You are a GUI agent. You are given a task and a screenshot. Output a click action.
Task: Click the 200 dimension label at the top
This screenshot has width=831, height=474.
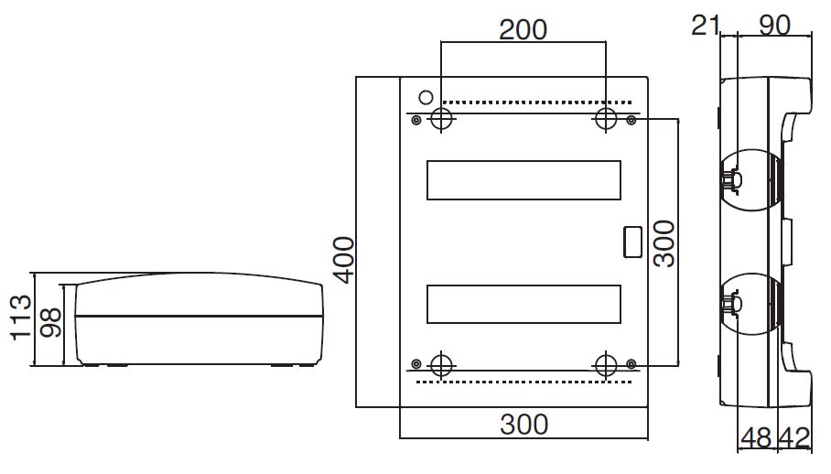pyautogui.click(x=523, y=30)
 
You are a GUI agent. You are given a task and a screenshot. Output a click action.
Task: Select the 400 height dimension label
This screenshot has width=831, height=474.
pyautogui.click(x=344, y=260)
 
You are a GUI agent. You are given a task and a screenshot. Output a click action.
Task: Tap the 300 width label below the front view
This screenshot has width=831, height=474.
pyautogui.click(x=523, y=425)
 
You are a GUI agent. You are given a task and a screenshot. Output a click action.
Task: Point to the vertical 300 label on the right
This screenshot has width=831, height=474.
pyautogui.click(x=664, y=243)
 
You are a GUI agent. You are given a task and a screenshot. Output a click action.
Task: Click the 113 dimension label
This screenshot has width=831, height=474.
pyautogui.click(x=20, y=318)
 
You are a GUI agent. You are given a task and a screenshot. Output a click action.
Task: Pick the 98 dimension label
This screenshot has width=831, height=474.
pyautogui.click(x=51, y=322)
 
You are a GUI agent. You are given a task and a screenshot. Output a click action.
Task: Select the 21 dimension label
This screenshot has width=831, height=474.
pyautogui.click(x=706, y=26)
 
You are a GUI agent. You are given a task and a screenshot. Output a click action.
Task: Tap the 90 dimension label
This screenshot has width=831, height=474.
pyautogui.click(x=774, y=26)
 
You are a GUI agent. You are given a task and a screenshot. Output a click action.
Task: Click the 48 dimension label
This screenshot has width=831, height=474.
pyautogui.click(x=756, y=438)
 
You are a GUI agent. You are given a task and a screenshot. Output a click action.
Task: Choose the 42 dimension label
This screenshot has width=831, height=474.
pyautogui.click(x=794, y=438)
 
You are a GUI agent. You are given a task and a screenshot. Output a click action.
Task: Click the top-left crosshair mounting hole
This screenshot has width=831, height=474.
pyautogui.click(x=441, y=119)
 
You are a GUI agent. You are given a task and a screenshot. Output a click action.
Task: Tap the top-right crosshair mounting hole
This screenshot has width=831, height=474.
pyautogui.click(x=606, y=119)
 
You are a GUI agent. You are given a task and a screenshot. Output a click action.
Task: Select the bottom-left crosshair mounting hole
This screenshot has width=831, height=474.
pyautogui.click(x=441, y=364)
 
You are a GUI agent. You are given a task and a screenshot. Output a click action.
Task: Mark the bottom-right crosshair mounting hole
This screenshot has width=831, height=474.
pyautogui.click(x=606, y=364)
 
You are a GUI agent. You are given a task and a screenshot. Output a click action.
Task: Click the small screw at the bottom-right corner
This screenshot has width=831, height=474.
pyautogui.click(x=631, y=364)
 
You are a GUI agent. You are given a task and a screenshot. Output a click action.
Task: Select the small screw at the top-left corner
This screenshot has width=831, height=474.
pyautogui.click(x=416, y=121)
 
